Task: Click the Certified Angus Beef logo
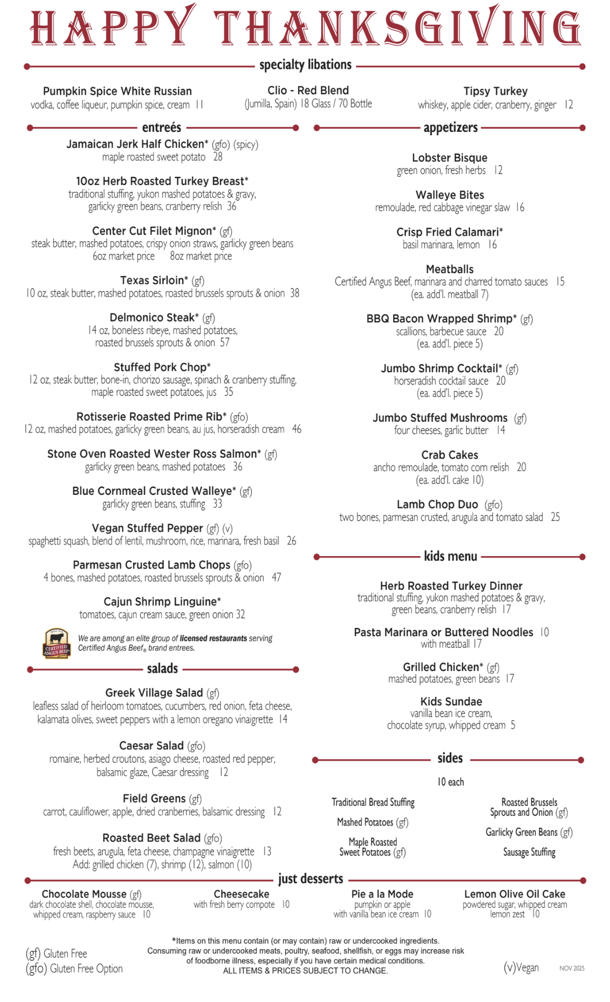(x=56, y=643)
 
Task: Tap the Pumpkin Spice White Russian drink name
(x=117, y=91)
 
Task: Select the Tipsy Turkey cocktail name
(x=495, y=91)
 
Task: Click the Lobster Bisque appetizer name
(x=450, y=158)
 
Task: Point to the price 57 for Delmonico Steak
(x=225, y=343)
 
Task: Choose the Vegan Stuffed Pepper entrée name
(x=147, y=528)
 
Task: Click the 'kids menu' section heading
(x=450, y=556)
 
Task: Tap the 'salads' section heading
(x=162, y=669)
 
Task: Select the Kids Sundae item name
(x=451, y=701)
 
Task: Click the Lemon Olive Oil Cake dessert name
(x=514, y=894)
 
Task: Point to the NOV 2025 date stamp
(x=572, y=968)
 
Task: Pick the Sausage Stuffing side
(x=529, y=852)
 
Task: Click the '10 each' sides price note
(x=450, y=782)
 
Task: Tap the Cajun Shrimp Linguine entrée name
(x=162, y=602)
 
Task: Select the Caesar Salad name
(x=151, y=746)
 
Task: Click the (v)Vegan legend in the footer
(x=521, y=967)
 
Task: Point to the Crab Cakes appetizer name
(x=450, y=455)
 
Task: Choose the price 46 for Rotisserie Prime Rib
(x=297, y=429)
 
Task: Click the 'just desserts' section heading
(x=311, y=879)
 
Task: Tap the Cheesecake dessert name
(x=241, y=894)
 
